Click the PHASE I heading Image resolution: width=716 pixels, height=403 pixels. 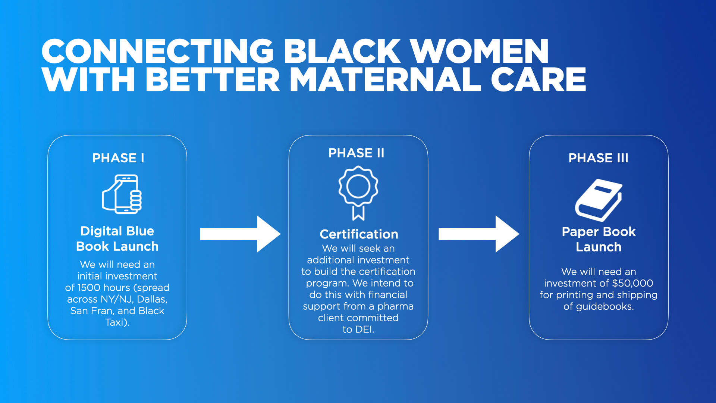pos(118,158)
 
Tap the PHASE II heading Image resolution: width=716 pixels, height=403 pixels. pos(356,153)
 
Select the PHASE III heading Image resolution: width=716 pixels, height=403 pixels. pos(598,158)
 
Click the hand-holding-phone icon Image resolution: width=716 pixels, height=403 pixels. pos(122,194)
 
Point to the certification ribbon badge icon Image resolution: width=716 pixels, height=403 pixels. pos(358,192)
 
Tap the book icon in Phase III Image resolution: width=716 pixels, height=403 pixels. pos(598,200)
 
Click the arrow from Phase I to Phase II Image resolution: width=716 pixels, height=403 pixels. pos(240,234)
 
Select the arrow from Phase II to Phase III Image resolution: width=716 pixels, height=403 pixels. pos(478,234)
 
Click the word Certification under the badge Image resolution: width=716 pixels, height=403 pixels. pos(359,234)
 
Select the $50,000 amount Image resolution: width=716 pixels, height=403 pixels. pos(632,283)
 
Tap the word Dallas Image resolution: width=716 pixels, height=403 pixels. pos(152,299)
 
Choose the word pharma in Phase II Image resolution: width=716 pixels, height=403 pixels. pos(395,307)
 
